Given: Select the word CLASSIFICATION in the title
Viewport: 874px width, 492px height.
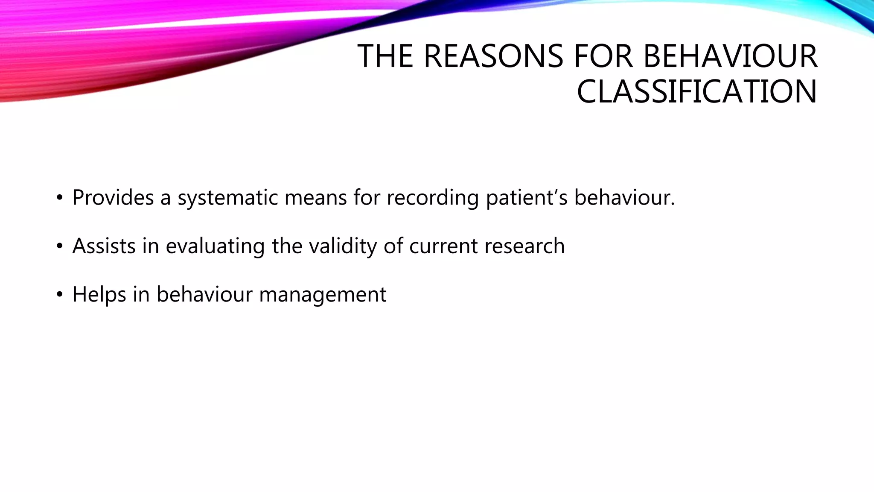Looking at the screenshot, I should pos(696,92).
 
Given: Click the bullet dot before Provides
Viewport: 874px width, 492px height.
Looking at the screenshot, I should pos(60,198).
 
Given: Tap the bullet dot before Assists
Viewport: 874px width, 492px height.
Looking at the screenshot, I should pos(60,246).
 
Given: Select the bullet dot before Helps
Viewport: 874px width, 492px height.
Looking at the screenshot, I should pos(60,295).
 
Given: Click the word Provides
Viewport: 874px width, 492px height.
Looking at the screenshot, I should pos(113,198).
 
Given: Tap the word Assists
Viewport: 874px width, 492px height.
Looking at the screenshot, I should pos(104,246).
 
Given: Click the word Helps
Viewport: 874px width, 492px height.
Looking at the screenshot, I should pos(99,295).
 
